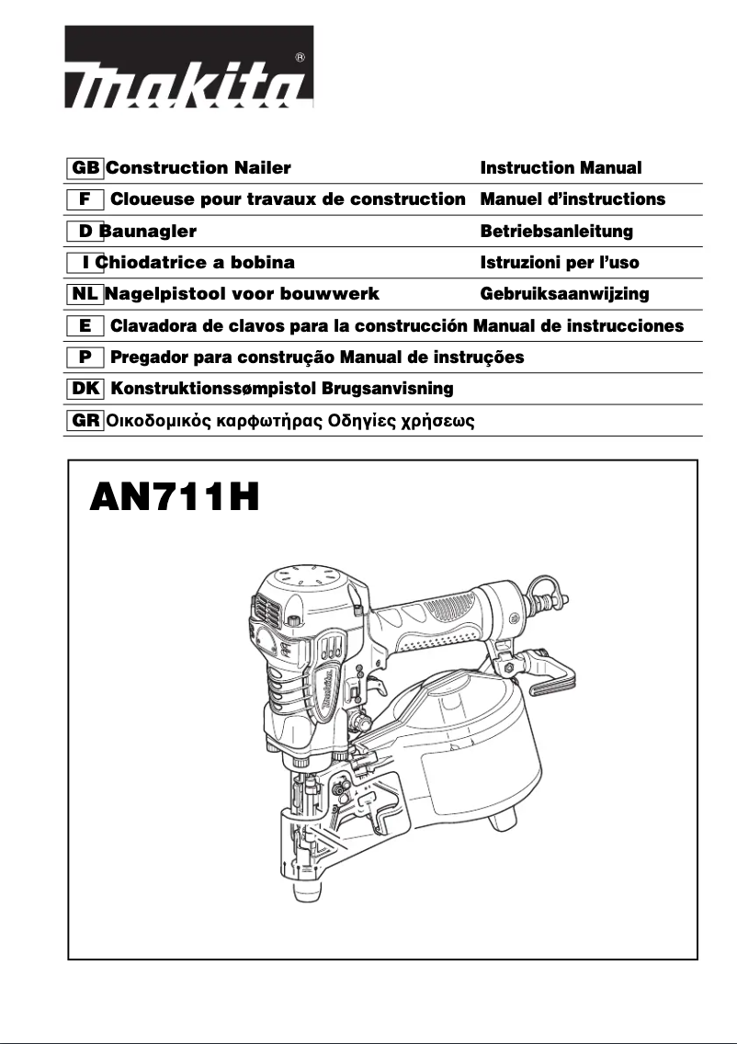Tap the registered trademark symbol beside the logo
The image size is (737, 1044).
[x=300, y=58]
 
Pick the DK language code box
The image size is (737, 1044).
[x=86, y=388]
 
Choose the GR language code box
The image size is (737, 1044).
[x=86, y=420]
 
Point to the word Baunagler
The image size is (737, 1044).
[x=149, y=232]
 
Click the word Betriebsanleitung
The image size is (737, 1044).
[x=557, y=232]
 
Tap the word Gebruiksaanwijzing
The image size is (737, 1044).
[x=564, y=294]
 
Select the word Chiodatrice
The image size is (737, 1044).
[x=153, y=263]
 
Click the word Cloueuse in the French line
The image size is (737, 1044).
[x=151, y=199]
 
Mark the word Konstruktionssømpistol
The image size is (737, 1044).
[x=213, y=389]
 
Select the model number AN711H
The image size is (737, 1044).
[x=175, y=500]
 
